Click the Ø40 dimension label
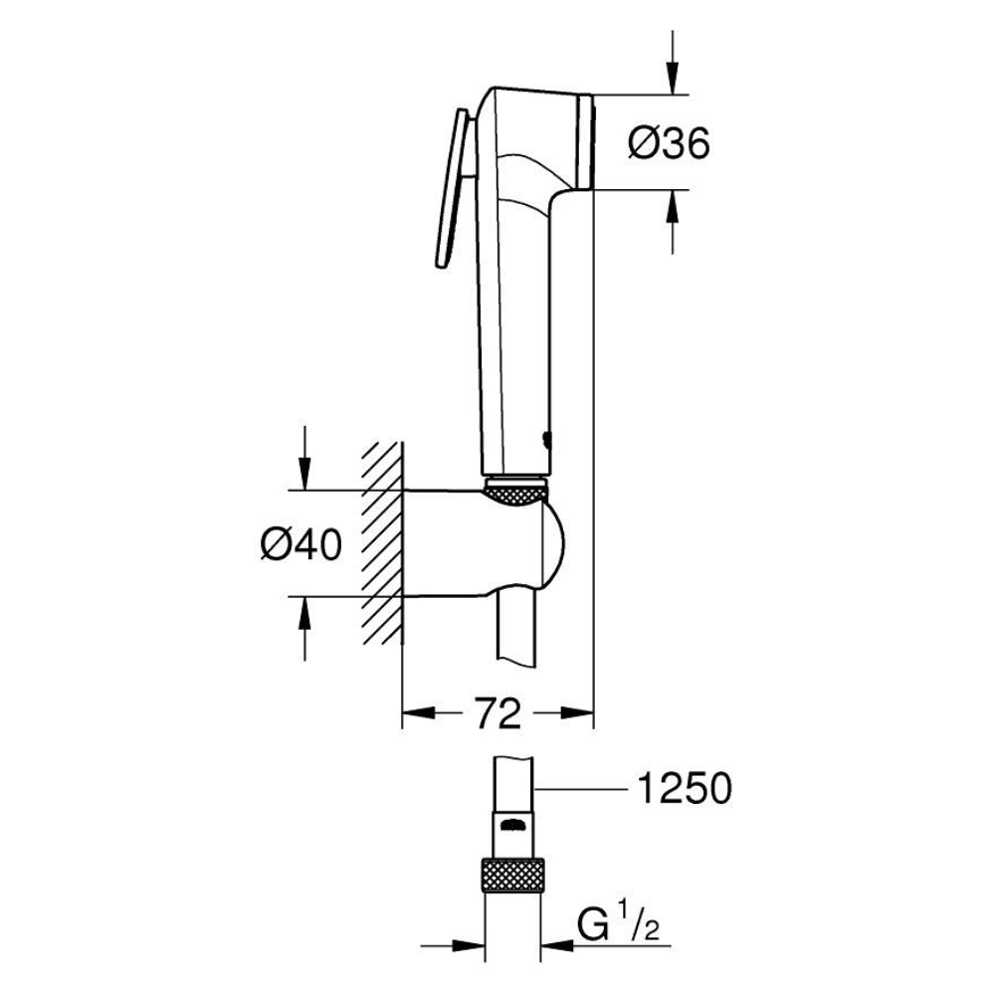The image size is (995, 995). [301, 544]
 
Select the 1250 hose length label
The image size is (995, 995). [685, 788]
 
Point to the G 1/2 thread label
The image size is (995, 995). [618, 925]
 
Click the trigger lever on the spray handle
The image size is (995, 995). [453, 189]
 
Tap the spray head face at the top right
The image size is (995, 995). [585, 141]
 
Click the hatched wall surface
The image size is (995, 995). [383, 542]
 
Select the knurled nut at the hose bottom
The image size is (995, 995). [512, 875]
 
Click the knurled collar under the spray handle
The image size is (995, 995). [515, 491]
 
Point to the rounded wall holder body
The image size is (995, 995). [484, 543]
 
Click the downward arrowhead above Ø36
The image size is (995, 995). [673, 79]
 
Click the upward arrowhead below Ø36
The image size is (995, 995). [673, 206]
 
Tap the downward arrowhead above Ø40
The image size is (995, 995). [305, 474]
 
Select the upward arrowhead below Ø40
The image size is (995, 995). [305, 614]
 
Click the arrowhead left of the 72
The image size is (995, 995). [420, 713]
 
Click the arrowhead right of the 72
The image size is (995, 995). [576, 713]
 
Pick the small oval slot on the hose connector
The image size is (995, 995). [513, 826]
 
